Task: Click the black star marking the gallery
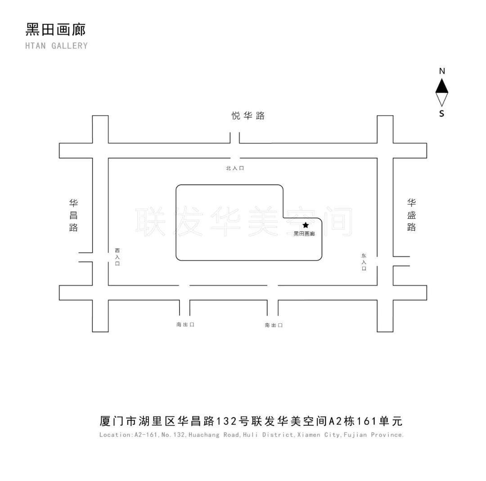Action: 306,225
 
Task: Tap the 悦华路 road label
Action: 248,116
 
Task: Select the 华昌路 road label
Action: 73,215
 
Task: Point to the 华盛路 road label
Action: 411,215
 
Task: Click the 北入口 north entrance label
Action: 235,168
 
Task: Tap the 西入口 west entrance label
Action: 117,257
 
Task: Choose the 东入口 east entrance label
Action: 364,262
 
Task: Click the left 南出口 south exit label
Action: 185,325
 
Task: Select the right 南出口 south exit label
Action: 274,325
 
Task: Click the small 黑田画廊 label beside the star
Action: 304,234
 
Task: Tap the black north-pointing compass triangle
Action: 442,85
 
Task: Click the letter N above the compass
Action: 442,71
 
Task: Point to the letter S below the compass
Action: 441,114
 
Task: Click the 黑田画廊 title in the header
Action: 56,29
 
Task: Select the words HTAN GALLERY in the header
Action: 57,45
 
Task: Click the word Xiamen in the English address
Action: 309,435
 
